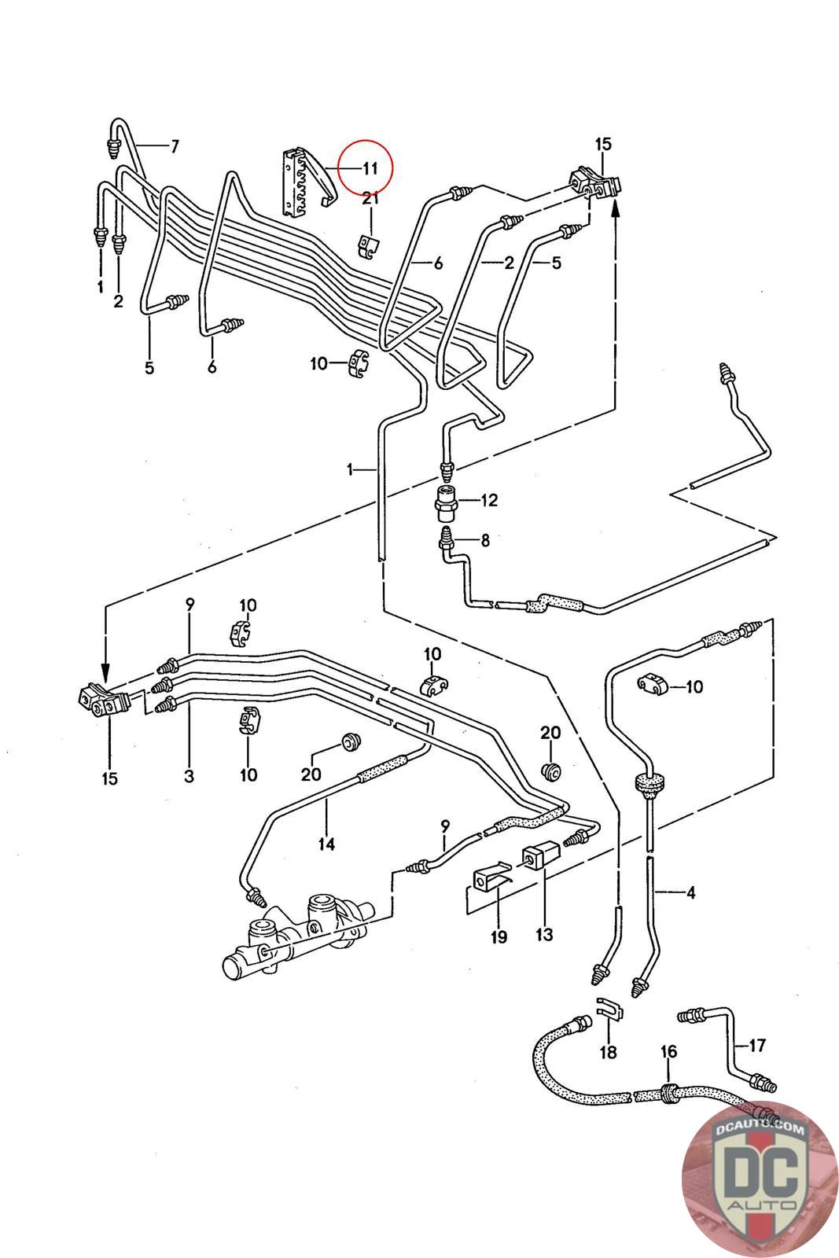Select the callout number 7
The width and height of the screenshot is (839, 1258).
pyautogui.click(x=175, y=146)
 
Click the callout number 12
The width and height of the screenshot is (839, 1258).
pyautogui.click(x=490, y=500)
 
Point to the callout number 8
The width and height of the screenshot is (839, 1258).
pyautogui.click(x=485, y=540)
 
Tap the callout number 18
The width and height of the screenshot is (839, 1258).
pyautogui.click(x=608, y=1052)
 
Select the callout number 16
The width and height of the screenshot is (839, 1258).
pyautogui.click(x=668, y=1051)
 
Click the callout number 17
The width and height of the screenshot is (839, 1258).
pyautogui.click(x=757, y=1045)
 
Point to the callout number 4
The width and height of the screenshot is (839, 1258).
pyautogui.click(x=690, y=892)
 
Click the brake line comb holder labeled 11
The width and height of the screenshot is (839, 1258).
pyautogui.click(x=308, y=180)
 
